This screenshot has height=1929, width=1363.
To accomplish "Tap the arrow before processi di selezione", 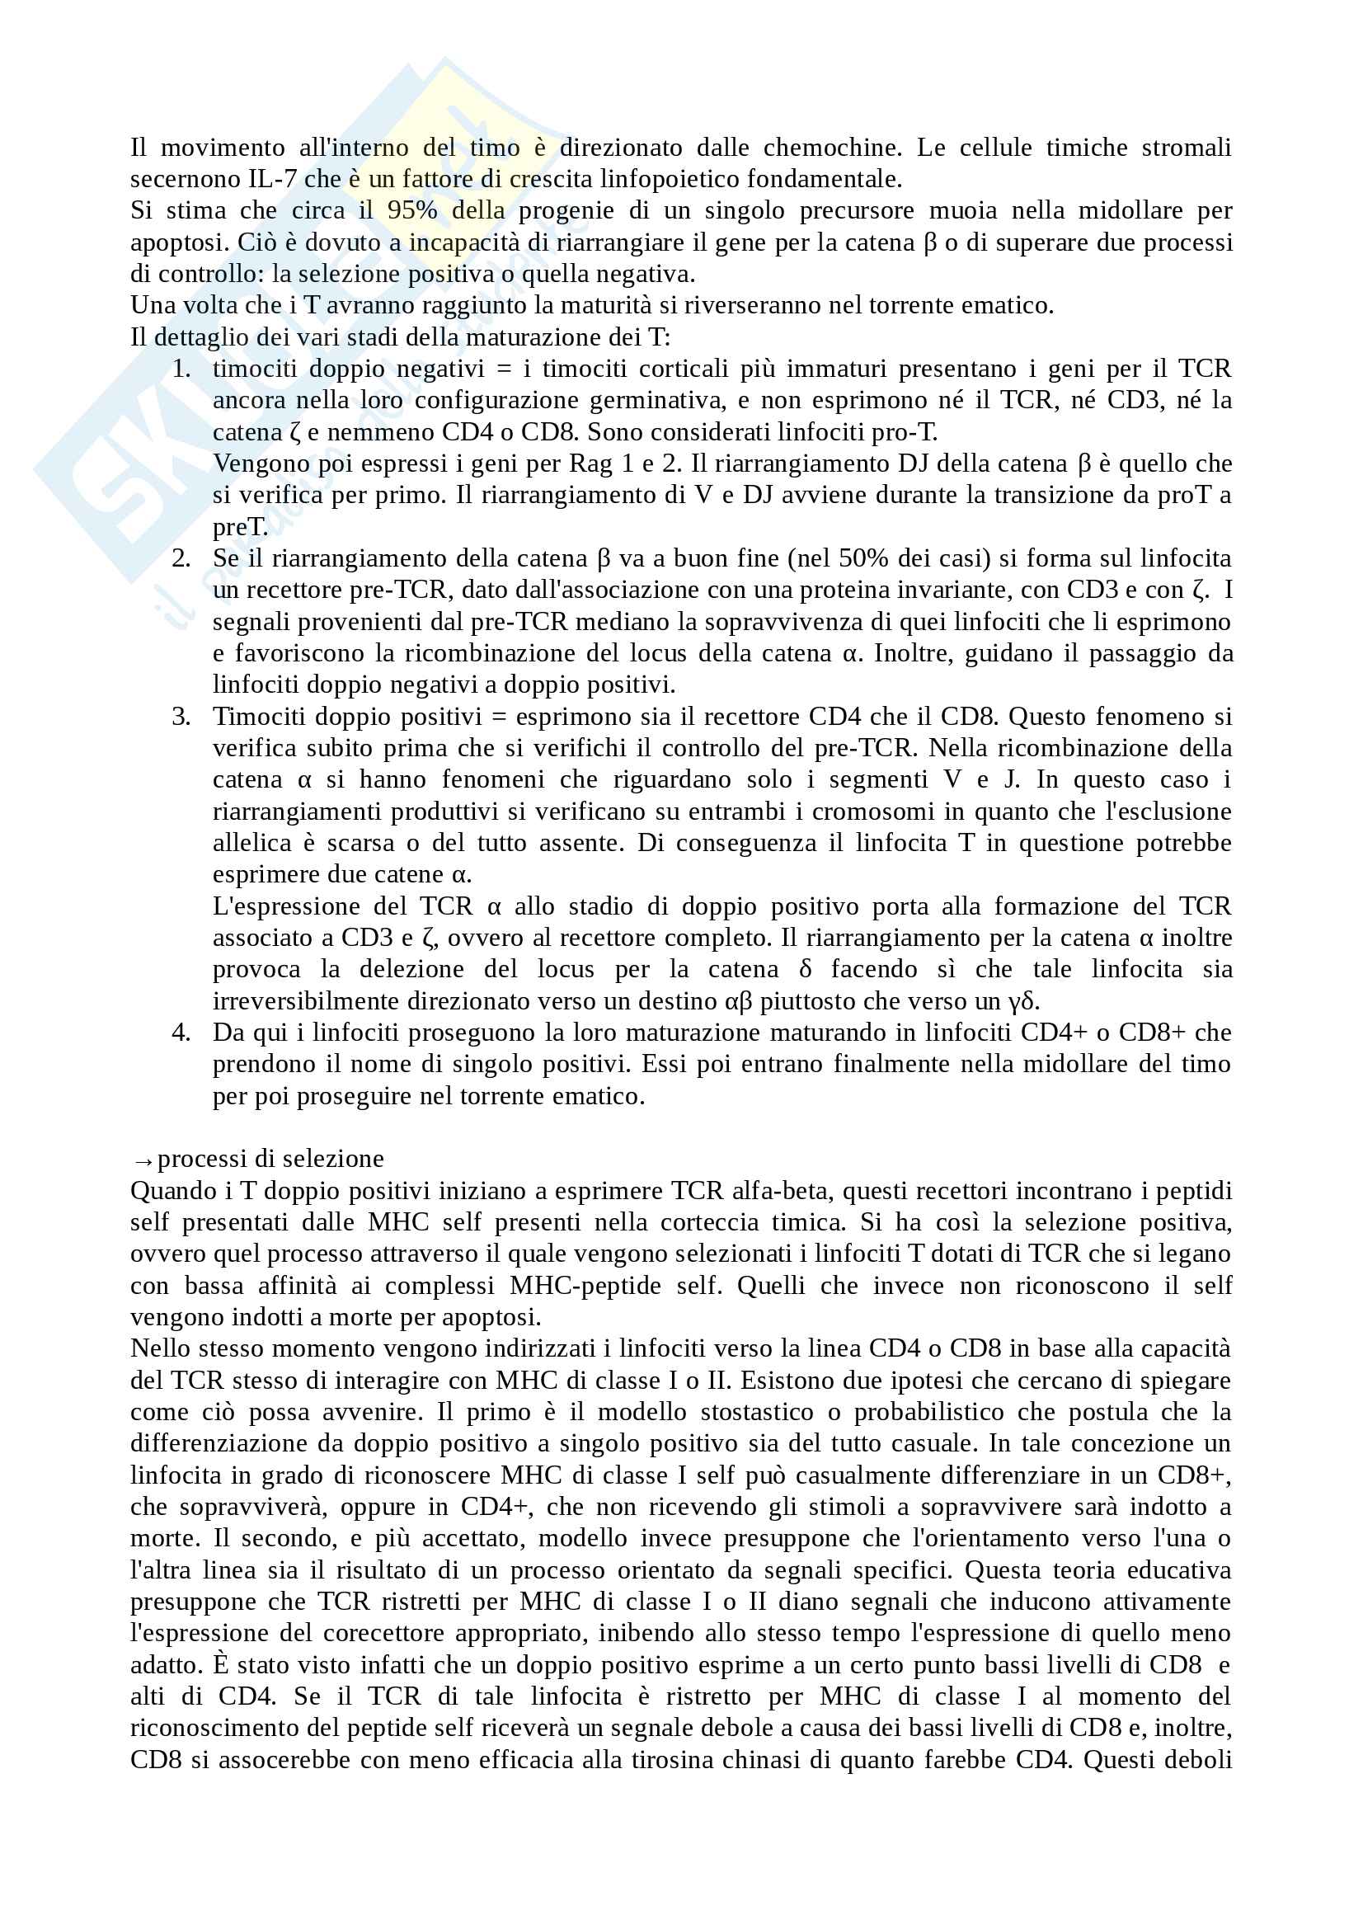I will click(143, 1160).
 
